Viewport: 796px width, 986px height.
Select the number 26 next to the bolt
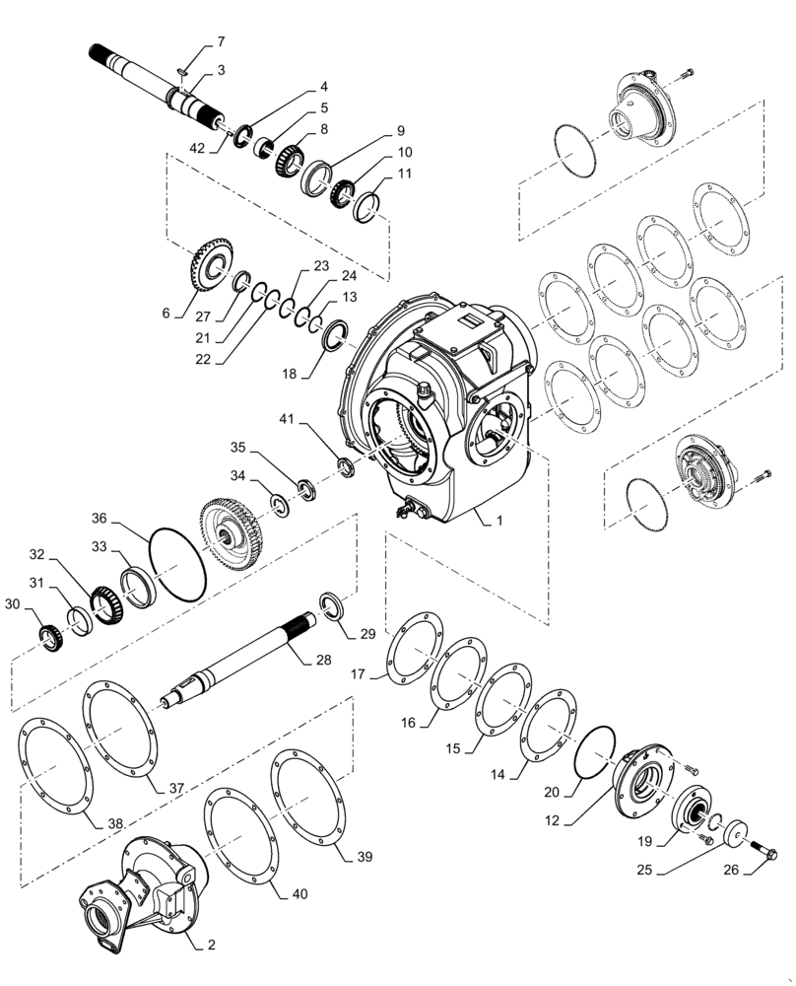758,870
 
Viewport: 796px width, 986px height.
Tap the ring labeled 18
335,336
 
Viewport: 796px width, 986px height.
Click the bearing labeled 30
48,637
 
